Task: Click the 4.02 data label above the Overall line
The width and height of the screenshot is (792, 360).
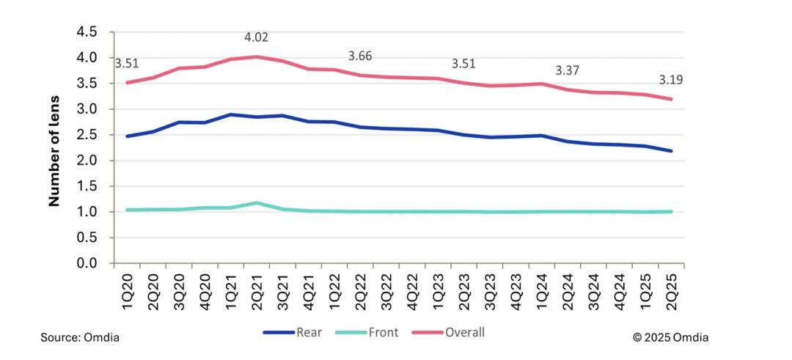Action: pyautogui.click(x=257, y=36)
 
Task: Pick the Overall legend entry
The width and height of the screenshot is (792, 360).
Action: pyautogui.click(x=454, y=332)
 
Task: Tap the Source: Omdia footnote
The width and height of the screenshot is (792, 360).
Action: pyautogui.click(x=79, y=337)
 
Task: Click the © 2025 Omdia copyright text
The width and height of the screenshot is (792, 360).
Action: pyautogui.click(x=671, y=337)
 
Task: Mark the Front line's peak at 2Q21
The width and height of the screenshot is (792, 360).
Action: pyautogui.click(x=257, y=203)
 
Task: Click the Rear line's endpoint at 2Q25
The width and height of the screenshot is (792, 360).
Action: pyautogui.click(x=670, y=151)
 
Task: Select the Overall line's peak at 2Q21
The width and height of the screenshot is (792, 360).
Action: pyautogui.click(x=257, y=56)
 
